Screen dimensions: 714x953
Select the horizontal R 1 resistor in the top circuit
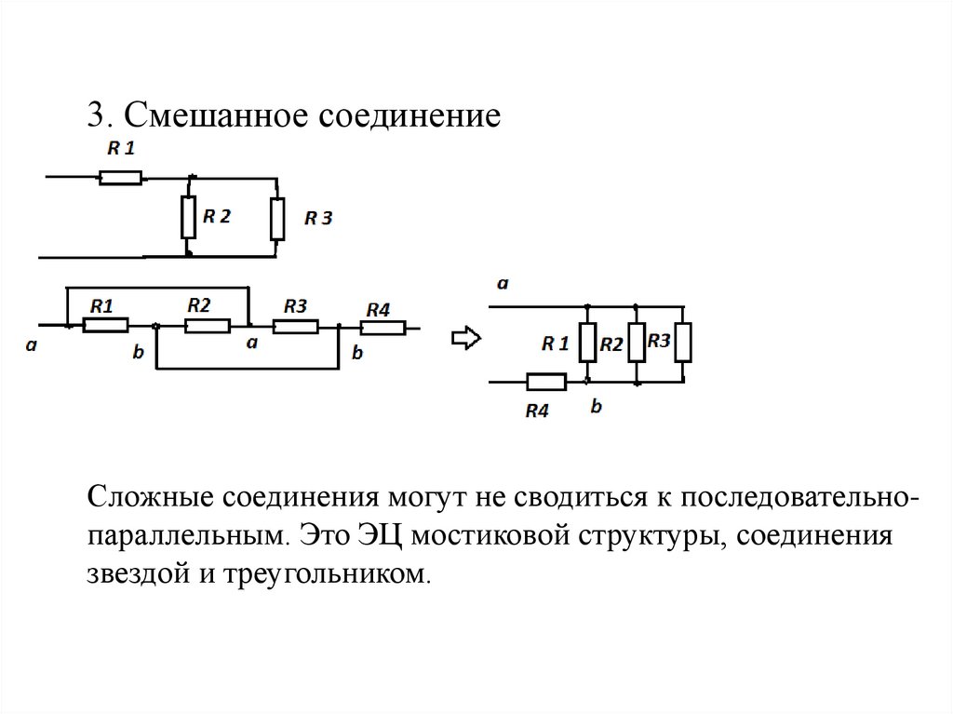point(121,177)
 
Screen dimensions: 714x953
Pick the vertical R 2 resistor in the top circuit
point(188,216)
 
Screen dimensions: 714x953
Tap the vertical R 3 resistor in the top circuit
point(276,219)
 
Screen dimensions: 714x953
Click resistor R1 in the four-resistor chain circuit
point(104,325)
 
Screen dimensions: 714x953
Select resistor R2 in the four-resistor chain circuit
point(207,325)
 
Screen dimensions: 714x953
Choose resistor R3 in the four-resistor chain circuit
point(296,326)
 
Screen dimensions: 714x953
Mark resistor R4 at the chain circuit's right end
point(383,327)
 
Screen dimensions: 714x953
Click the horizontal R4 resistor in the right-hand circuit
point(545,381)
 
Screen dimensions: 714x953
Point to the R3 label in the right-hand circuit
point(659,341)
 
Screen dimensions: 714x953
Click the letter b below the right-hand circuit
point(597,407)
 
